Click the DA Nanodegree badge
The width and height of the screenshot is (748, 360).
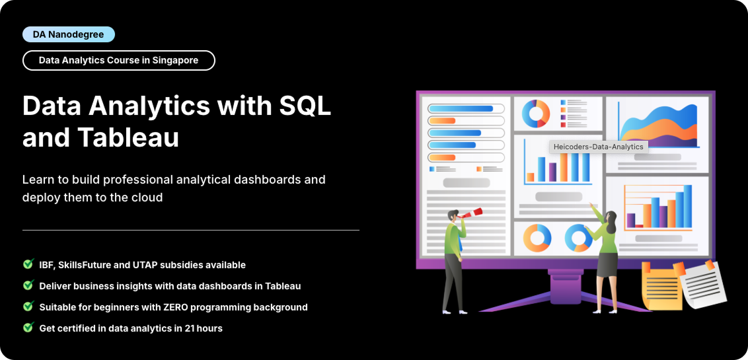(x=68, y=34)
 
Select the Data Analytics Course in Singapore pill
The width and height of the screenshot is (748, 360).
(x=118, y=60)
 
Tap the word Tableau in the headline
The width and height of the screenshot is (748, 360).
(x=128, y=137)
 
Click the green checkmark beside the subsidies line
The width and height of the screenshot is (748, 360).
(x=28, y=264)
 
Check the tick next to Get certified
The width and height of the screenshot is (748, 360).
(x=28, y=328)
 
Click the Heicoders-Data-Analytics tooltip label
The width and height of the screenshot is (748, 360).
(x=598, y=147)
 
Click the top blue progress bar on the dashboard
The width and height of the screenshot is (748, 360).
(x=461, y=108)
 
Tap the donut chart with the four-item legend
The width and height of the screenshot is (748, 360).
(x=536, y=114)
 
